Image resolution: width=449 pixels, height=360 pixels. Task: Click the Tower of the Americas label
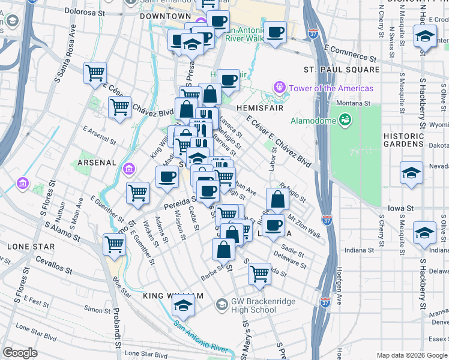click(331, 88)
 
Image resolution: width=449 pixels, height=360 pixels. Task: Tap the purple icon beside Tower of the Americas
click(279, 88)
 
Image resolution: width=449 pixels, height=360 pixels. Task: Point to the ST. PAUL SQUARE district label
click(342, 70)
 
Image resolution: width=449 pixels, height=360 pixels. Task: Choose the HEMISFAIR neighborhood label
click(260, 107)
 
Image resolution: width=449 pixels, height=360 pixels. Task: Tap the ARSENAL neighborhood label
click(96, 162)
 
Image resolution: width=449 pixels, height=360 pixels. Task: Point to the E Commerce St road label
click(350, 53)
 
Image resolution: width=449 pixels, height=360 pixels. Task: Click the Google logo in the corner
click(20, 352)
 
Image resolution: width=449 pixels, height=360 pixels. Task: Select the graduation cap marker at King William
click(183, 306)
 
